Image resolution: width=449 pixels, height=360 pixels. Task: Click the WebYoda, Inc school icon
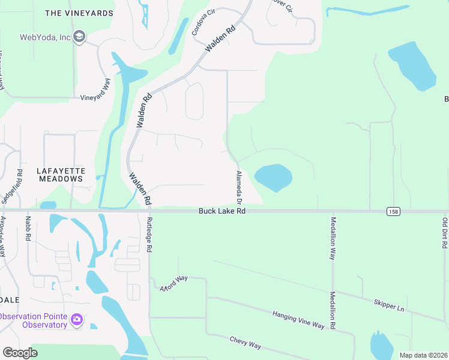click(x=79, y=37)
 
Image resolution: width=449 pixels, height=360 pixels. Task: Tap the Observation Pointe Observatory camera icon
click(x=76, y=319)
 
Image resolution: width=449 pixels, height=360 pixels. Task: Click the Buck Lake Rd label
click(x=222, y=211)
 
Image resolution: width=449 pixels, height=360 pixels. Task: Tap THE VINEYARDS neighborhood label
click(x=79, y=13)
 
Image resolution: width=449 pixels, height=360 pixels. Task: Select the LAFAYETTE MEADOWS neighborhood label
click(x=60, y=175)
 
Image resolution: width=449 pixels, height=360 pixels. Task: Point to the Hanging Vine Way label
click(x=298, y=320)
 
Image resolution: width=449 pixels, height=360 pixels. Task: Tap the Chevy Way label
click(x=246, y=343)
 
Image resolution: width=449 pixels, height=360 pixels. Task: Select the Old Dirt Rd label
click(x=445, y=231)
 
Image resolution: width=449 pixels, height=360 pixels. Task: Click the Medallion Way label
click(x=333, y=238)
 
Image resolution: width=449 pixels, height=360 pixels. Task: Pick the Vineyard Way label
click(x=97, y=92)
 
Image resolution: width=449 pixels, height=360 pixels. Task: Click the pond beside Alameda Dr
click(x=274, y=178)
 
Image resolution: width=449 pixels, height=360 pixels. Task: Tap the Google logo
click(x=20, y=353)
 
